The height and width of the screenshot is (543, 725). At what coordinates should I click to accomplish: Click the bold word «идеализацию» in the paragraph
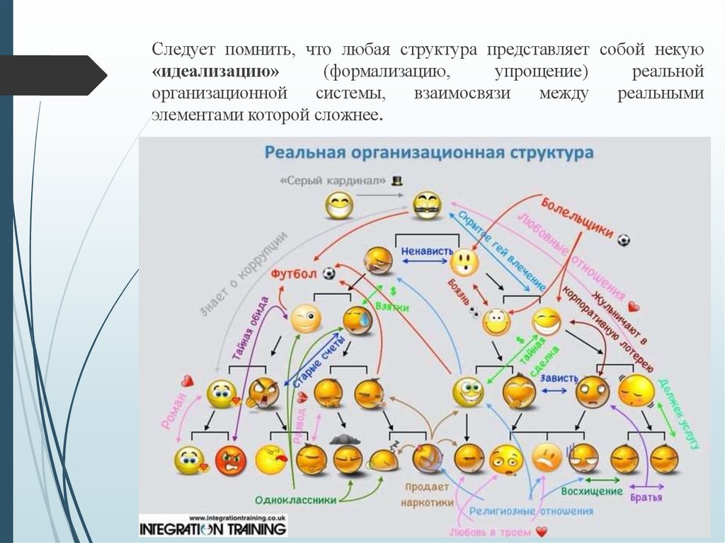click(215, 73)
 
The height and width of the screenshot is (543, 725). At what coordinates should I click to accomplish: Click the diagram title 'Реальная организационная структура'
click(429, 152)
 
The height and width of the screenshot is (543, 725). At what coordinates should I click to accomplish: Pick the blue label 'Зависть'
click(559, 378)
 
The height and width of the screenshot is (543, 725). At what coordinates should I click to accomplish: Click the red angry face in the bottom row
click(230, 461)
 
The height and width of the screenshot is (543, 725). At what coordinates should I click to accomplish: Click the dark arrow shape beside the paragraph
click(53, 75)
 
